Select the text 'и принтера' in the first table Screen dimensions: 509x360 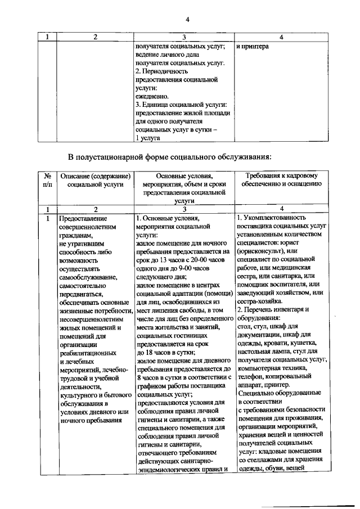tap(253, 46)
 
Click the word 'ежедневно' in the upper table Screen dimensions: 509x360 tap(151, 96)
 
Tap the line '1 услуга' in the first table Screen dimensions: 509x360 tap(148, 138)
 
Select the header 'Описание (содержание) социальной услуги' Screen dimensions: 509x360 tap(95, 180)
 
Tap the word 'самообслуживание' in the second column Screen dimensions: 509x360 tap(88, 277)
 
